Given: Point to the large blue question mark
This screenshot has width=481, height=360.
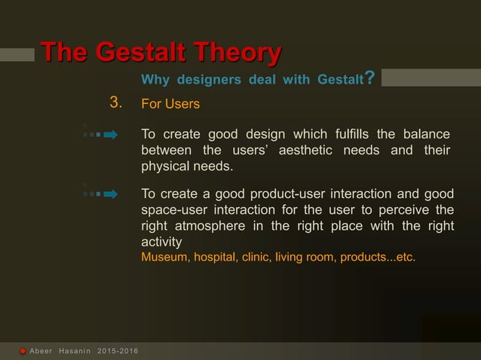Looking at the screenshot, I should pyautogui.click(x=369, y=78).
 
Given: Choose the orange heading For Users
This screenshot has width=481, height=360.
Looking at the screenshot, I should pyautogui.click(x=170, y=104).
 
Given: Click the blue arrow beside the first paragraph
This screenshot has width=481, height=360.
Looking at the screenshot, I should pyautogui.click(x=110, y=135).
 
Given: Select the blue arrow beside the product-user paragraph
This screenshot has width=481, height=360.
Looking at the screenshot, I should pyautogui.click(x=110, y=194).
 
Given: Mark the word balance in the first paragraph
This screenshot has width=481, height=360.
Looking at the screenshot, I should pyautogui.click(x=426, y=134).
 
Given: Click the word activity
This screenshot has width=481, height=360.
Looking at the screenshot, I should pyautogui.click(x=161, y=242).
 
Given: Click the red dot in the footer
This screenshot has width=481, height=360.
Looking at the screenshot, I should pyautogui.click(x=23, y=352).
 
